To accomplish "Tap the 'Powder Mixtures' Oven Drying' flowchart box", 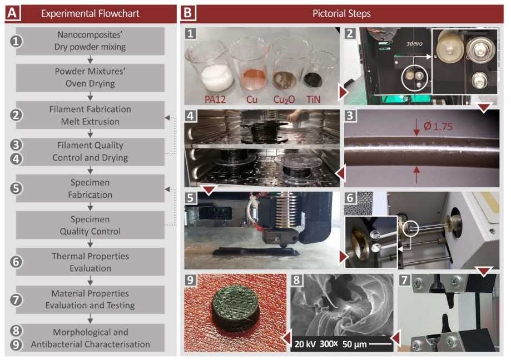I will tap(90, 78).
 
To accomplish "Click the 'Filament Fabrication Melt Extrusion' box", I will tap(90, 115).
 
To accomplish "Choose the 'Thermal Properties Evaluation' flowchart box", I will tap(90, 262).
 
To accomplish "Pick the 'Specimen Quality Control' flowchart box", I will tap(90, 225).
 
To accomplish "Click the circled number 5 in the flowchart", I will tap(17, 188).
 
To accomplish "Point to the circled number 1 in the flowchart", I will tap(17, 42).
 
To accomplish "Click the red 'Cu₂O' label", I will tap(285, 99).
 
